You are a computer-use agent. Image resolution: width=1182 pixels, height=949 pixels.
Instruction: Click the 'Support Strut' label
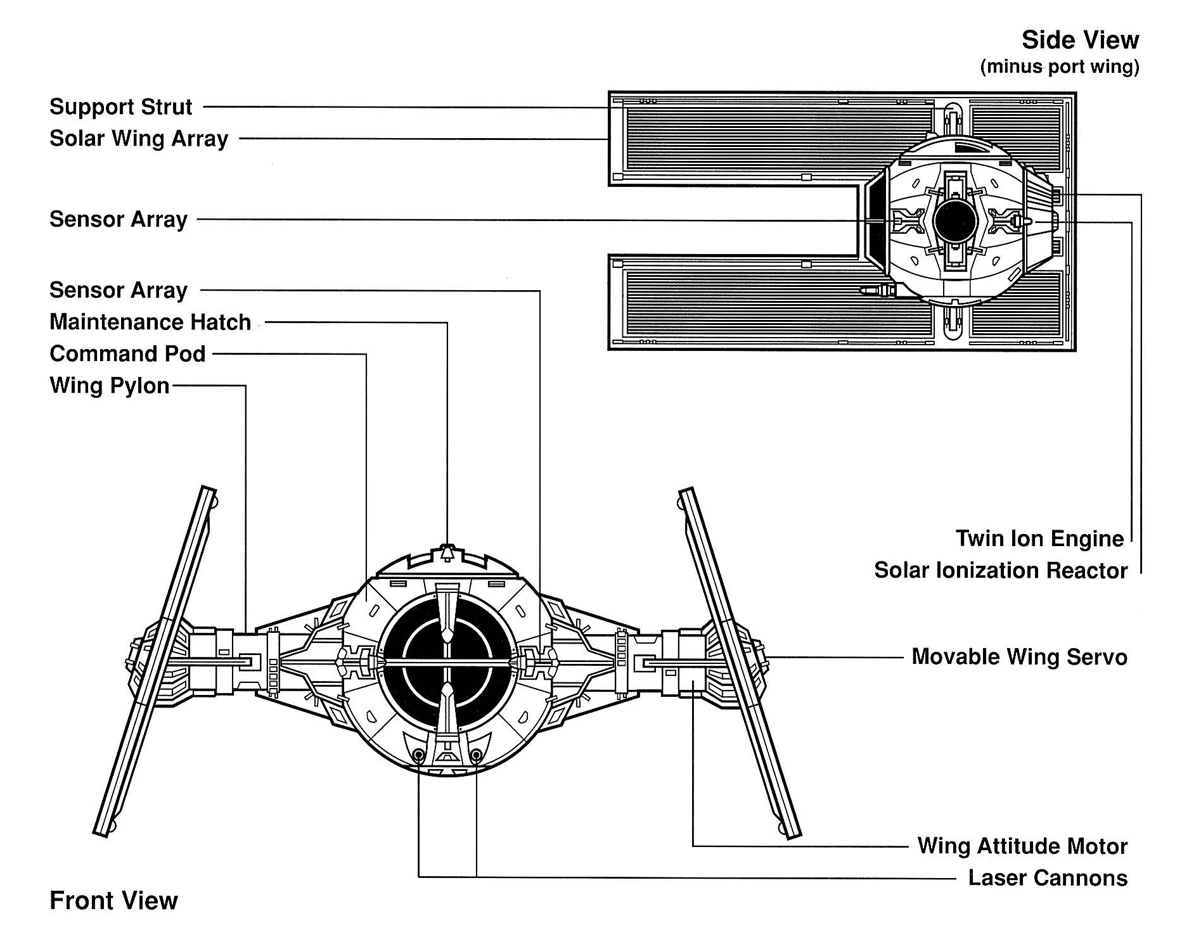[120, 107]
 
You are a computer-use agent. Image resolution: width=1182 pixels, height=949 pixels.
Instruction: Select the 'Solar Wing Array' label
[138, 139]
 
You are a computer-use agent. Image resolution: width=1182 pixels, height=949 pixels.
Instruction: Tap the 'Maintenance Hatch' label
[150, 322]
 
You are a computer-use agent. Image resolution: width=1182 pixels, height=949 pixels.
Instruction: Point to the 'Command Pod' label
[127, 354]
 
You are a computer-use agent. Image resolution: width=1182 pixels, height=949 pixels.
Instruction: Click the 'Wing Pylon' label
[109, 386]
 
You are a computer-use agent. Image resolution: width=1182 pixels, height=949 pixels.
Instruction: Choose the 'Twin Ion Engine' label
[1039, 539]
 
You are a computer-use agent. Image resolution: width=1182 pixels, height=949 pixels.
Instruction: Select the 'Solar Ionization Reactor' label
[1001, 571]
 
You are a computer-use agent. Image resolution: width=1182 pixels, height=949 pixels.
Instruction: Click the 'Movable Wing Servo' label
[1019, 657]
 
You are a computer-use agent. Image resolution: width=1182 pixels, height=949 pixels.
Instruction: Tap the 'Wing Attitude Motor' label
[1022, 846]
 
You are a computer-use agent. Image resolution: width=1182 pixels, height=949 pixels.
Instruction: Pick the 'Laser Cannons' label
[1048, 878]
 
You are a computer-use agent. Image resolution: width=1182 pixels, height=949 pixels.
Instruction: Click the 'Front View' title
[113, 901]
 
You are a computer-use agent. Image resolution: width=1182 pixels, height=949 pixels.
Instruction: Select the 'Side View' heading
[1080, 41]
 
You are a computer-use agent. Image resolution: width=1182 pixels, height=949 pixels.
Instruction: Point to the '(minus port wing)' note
[1060, 67]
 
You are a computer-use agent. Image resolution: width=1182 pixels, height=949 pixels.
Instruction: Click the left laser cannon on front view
[418, 755]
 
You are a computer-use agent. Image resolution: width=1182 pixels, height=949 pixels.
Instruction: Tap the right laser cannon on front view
[476, 755]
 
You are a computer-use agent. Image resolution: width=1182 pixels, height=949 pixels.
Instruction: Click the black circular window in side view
[954, 220]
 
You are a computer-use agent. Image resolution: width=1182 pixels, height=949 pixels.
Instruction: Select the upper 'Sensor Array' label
[119, 220]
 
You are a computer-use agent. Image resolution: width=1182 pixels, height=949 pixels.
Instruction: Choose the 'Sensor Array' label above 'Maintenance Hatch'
[119, 291]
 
